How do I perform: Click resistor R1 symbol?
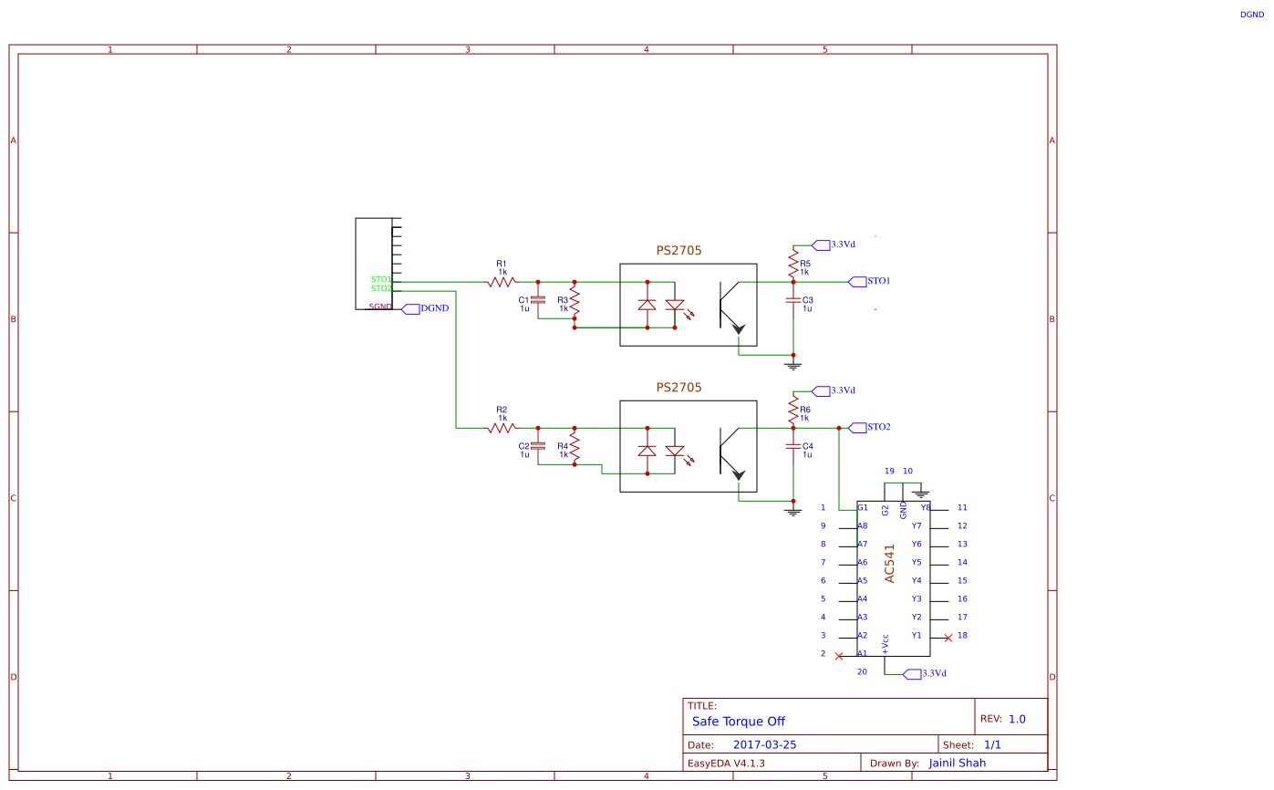click(502, 282)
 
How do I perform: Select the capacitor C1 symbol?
click(538, 299)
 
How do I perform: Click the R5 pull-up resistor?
click(793, 265)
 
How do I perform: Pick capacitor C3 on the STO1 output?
click(793, 299)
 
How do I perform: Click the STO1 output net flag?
click(857, 281)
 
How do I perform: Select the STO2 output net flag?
click(857, 427)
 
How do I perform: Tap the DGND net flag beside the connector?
click(410, 308)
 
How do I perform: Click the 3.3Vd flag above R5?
click(821, 244)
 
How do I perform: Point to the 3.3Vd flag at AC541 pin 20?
click(911, 673)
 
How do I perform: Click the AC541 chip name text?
click(890, 565)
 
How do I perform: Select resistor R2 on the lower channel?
click(502, 428)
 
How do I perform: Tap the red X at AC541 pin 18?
click(948, 638)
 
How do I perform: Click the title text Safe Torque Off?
click(739, 721)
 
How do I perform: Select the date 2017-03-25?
click(764, 744)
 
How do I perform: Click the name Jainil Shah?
click(957, 763)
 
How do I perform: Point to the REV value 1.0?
click(1017, 719)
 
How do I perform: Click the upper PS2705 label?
click(679, 250)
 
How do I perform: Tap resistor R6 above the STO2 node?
click(793, 411)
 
